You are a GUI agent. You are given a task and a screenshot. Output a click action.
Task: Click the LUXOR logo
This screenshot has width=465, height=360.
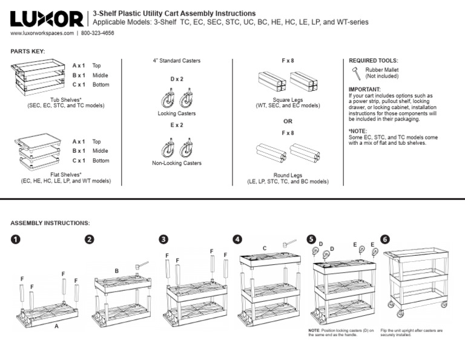pyautogui.click(x=47, y=19)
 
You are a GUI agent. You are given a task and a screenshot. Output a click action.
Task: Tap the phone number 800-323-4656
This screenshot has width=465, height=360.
pyautogui.click(x=97, y=33)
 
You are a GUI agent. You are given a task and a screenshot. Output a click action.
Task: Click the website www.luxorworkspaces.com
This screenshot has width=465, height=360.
pyautogui.click(x=42, y=33)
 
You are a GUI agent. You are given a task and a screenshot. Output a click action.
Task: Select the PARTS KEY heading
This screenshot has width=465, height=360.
pyautogui.click(x=28, y=51)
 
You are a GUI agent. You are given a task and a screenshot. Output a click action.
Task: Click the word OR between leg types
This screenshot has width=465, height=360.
pyautogui.click(x=288, y=121)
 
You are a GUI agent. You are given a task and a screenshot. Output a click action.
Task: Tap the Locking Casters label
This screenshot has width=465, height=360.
pyautogui.click(x=176, y=113)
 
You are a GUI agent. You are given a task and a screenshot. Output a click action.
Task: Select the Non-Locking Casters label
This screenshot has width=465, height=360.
pyautogui.click(x=176, y=163)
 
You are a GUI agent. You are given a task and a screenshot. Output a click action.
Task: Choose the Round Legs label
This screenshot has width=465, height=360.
pyautogui.click(x=288, y=176)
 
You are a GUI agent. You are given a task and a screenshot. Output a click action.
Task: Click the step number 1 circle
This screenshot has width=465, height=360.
pyautogui.click(x=16, y=239)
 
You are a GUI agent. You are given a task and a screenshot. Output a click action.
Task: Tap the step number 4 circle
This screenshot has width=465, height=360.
pyautogui.click(x=237, y=239)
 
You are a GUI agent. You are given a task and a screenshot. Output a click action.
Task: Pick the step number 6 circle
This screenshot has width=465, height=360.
pyautogui.click(x=386, y=239)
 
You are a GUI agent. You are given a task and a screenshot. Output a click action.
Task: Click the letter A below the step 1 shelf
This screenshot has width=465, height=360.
pyautogui.click(x=56, y=326)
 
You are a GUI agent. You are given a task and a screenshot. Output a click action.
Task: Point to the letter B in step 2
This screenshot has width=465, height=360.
pyautogui.click(x=116, y=270)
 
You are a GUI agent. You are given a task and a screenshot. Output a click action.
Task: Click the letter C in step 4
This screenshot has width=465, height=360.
pyautogui.click(x=265, y=248)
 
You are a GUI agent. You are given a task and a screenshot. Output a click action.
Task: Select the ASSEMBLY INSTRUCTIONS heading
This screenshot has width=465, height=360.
pyautogui.click(x=50, y=223)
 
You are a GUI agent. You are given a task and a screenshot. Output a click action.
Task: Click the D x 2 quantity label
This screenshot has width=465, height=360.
pyautogui.click(x=176, y=79)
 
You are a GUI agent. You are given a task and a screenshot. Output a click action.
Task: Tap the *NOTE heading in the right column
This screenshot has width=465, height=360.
pyautogui.click(x=358, y=131)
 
